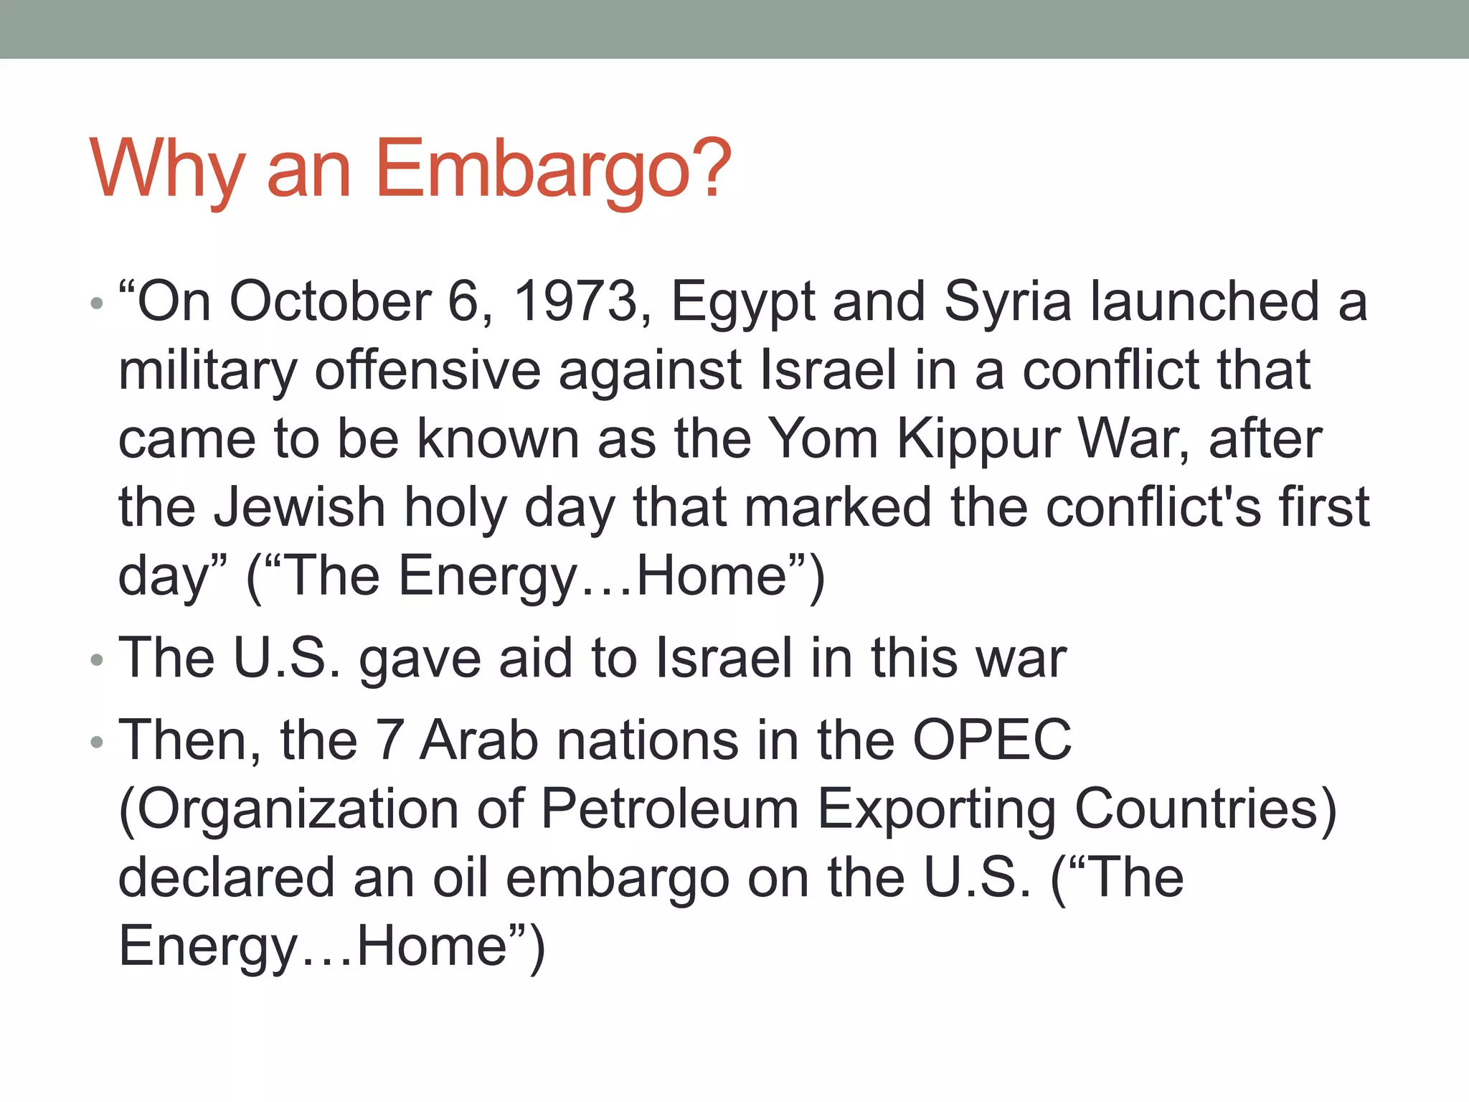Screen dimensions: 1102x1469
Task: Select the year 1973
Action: tap(576, 301)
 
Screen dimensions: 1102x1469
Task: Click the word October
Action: tap(330, 301)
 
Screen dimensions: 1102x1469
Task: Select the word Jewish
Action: tap(300, 508)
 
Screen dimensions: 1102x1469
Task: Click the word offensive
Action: tap(428, 370)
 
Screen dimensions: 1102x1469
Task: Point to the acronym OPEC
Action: tap(992, 740)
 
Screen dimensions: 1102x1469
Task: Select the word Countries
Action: tap(1205, 809)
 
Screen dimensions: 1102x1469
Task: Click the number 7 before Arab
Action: tap(389, 740)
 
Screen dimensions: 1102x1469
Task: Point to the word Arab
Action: tap(478, 740)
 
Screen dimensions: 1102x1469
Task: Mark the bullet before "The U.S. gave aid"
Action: tap(97, 659)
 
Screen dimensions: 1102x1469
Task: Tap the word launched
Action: tap(1205, 301)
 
